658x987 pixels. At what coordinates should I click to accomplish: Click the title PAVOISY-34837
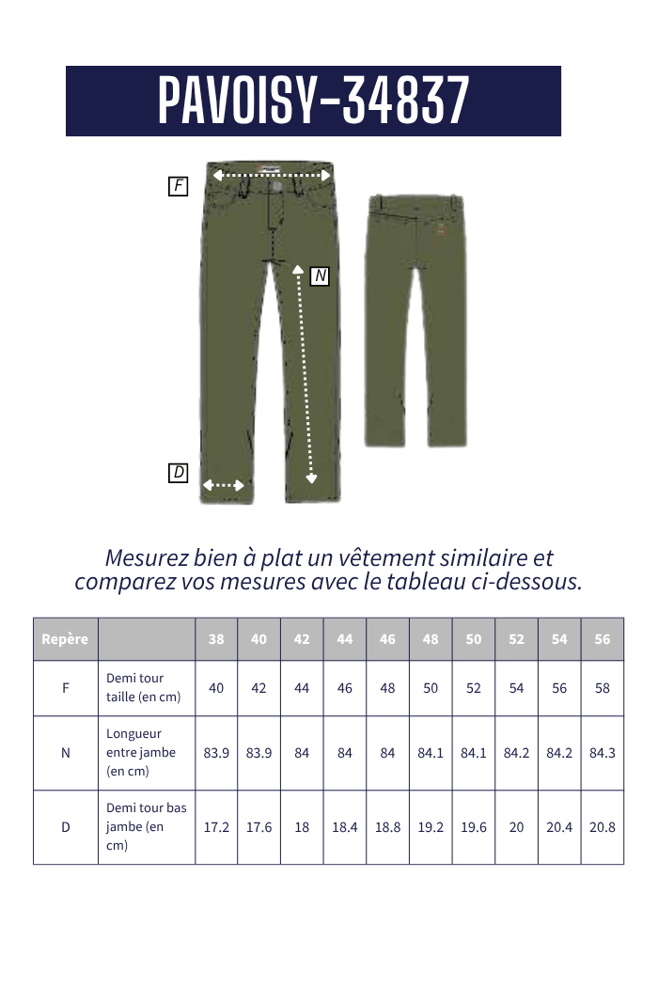click(313, 101)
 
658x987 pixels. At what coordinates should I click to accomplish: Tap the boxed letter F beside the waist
click(179, 186)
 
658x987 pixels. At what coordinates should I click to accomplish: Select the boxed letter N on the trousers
click(320, 275)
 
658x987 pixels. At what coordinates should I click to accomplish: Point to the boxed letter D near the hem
click(179, 473)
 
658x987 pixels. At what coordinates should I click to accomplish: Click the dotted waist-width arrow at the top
click(273, 175)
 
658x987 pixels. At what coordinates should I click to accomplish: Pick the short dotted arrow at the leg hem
click(224, 485)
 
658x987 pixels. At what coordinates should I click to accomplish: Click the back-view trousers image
click(415, 320)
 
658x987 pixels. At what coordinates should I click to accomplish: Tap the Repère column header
click(65, 639)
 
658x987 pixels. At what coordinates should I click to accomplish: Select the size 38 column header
click(216, 639)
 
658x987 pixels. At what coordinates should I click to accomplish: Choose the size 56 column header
click(603, 639)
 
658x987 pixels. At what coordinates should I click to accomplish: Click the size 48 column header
click(431, 639)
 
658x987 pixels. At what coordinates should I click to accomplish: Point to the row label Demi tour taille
click(143, 688)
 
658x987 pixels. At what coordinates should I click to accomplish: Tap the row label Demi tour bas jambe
click(146, 827)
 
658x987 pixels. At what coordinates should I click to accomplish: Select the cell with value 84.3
click(603, 753)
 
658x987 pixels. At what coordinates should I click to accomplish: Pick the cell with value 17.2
click(216, 827)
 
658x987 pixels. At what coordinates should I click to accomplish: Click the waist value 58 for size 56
click(603, 688)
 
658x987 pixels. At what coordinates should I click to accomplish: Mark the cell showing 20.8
click(603, 827)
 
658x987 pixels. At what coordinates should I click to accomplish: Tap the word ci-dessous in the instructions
click(528, 581)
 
